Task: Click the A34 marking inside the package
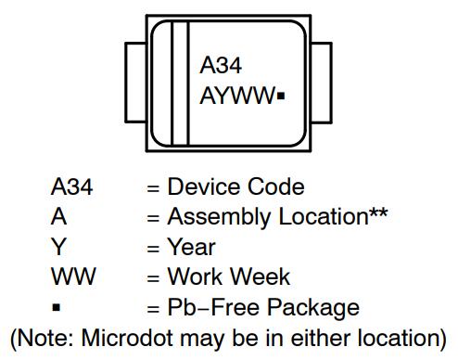click(x=221, y=65)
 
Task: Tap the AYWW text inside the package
click(x=237, y=96)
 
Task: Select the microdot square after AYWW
click(x=281, y=96)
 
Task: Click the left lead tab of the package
click(x=135, y=83)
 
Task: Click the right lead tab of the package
click(x=322, y=83)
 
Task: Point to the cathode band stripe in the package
click(x=180, y=83)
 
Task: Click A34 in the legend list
click(x=71, y=186)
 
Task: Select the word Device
click(x=204, y=186)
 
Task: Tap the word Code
click(x=276, y=186)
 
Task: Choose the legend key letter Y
click(x=58, y=247)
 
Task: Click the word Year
click(x=192, y=247)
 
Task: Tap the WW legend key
click(x=73, y=276)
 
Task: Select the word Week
click(x=261, y=276)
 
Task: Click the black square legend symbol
click(x=57, y=307)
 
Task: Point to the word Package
click(x=313, y=308)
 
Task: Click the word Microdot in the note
click(x=127, y=338)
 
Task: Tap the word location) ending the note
click(x=401, y=338)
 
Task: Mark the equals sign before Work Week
click(x=153, y=277)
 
